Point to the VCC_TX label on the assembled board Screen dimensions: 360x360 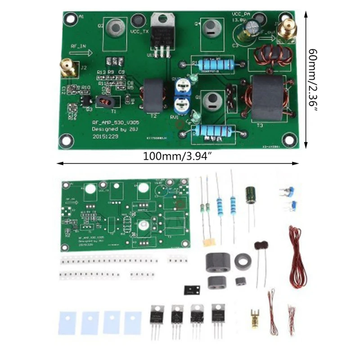point(139,31)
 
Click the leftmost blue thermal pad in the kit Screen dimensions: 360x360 point(68,322)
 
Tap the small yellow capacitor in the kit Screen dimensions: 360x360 point(208,242)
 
